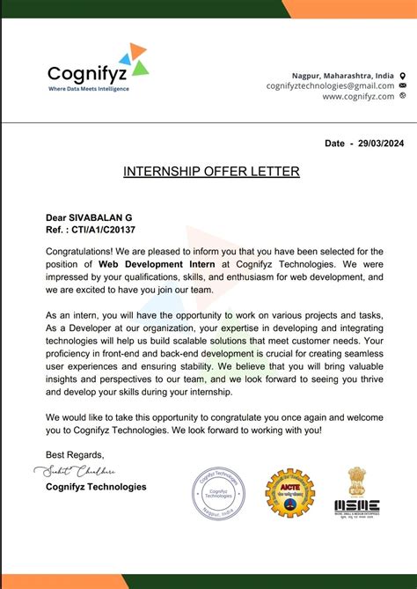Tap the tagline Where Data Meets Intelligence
pyautogui.click(x=88, y=90)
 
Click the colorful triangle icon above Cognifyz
pyautogui.click(x=133, y=57)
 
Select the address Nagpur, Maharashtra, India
pyautogui.click(x=343, y=76)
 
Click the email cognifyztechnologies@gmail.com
pyautogui.click(x=331, y=86)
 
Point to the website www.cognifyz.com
pyautogui.click(x=358, y=97)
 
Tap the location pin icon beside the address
pyautogui.click(x=403, y=76)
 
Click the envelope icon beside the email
pyautogui.click(x=403, y=86)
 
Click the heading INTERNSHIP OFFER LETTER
pyautogui.click(x=211, y=171)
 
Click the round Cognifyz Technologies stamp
pyautogui.click(x=218, y=493)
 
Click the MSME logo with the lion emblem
pyautogui.click(x=356, y=493)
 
